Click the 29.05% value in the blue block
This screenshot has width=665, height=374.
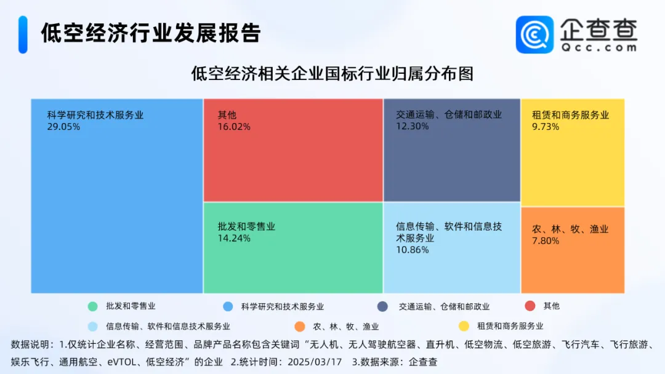tap(63, 127)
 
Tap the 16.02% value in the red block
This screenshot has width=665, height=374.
tap(234, 127)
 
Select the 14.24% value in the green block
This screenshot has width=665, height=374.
tap(234, 238)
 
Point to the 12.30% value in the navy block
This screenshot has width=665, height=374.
tap(412, 126)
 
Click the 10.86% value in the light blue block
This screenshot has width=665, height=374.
tap(412, 250)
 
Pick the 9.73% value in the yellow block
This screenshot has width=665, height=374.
tap(546, 127)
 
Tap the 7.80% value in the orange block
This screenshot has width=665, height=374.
tap(546, 241)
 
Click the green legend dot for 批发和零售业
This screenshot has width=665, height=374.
tap(92, 306)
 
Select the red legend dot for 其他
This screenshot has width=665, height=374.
tap(530, 306)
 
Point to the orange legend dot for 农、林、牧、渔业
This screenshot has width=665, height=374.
tap(300, 326)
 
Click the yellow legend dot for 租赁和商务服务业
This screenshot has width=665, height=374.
tap(464, 326)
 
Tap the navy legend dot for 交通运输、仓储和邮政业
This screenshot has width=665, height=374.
tap(382, 306)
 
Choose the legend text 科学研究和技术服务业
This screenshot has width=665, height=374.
tap(283, 307)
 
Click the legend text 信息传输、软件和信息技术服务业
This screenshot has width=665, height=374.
tap(168, 327)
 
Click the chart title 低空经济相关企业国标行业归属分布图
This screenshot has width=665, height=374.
tap(332, 74)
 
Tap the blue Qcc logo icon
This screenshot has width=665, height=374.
tap(534, 34)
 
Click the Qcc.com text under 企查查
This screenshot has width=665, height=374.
tap(599, 47)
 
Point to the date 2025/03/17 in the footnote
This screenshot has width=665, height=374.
tap(315, 362)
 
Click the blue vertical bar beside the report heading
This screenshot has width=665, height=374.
tap(23, 34)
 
